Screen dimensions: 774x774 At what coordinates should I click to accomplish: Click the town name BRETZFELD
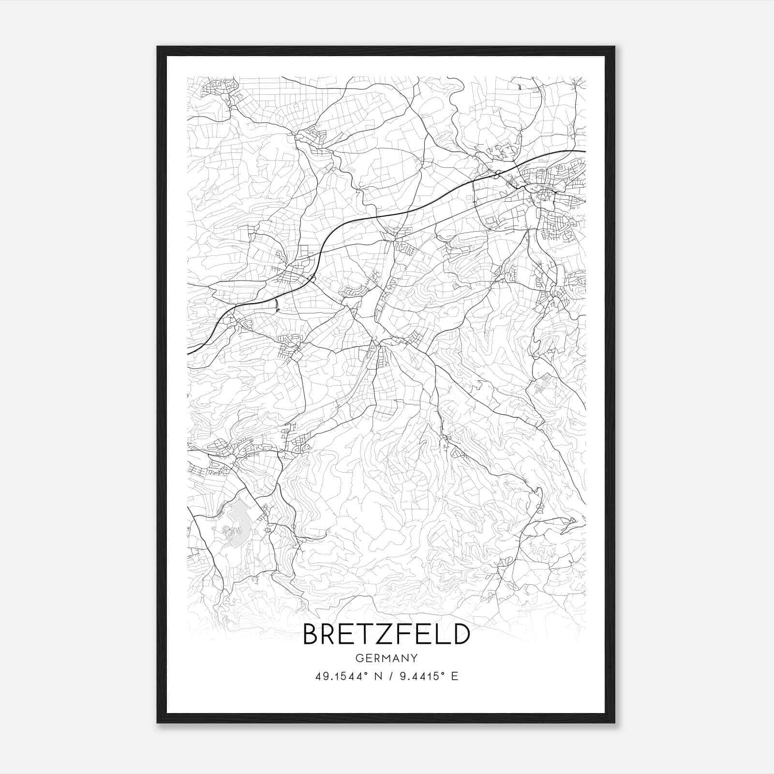point(386,634)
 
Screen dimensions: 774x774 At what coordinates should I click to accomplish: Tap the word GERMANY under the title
point(386,658)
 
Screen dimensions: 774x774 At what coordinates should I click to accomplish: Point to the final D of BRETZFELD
point(461,634)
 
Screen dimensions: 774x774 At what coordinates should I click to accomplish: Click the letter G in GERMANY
point(359,658)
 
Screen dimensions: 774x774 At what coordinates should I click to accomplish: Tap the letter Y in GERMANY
point(414,658)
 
